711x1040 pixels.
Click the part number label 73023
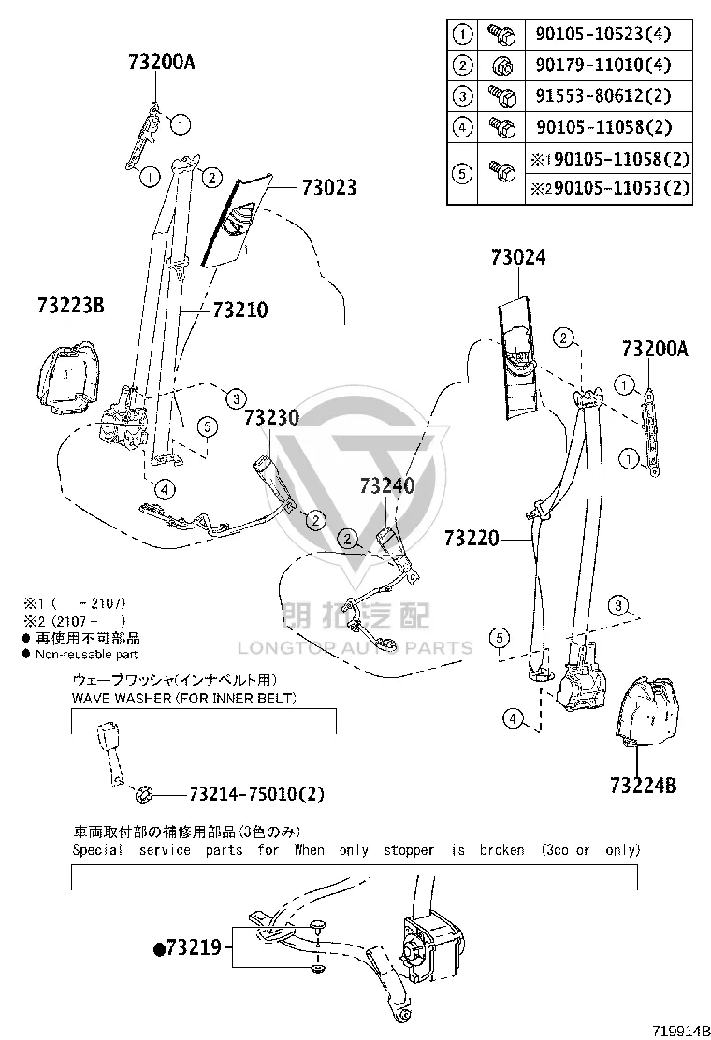pyautogui.click(x=329, y=188)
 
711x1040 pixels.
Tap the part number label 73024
pyautogui.click(x=518, y=257)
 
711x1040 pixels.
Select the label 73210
pyautogui.click(x=240, y=310)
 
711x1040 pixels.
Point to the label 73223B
pyautogui.click(x=71, y=306)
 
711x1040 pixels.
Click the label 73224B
pyautogui.click(x=644, y=786)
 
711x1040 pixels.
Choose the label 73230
pyautogui.click(x=272, y=418)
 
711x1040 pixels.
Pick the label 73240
pyautogui.click(x=387, y=485)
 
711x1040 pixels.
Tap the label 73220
pyautogui.click(x=472, y=538)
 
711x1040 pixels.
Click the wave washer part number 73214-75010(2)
pyautogui.click(x=256, y=794)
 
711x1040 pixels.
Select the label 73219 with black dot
pyautogui.click(x=188, y=947)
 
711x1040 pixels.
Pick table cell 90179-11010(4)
pyautogui.click(x=603, y=65)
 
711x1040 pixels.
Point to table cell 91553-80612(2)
pyautogui.click(x=603, y=96)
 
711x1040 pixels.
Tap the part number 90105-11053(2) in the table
pyautogui.click(x=621, y=188)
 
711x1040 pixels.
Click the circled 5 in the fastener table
pyautogui.click(x=462, y=174)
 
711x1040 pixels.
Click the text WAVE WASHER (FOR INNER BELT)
pyautogui.click(x=183, y=698)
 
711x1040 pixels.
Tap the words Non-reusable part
pyautogui.click(x=86, y=655)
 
